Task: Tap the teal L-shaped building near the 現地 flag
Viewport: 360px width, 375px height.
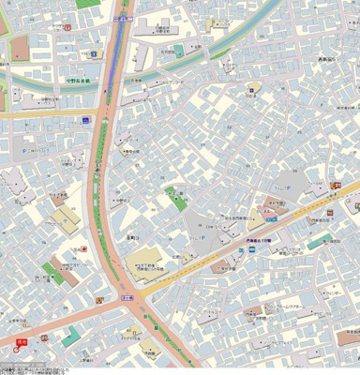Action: pos(70,337)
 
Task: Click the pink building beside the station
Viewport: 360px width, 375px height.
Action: pos(268,214)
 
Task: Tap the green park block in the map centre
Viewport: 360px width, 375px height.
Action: pos(174,199)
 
